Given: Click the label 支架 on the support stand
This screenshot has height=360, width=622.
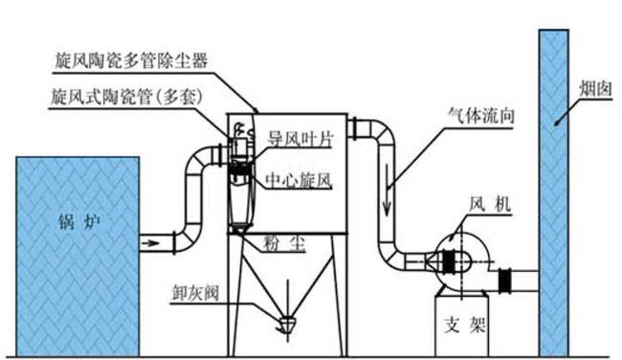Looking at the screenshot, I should click(465, 324).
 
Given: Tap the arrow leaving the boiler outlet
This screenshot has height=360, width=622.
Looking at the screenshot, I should click(149, 243).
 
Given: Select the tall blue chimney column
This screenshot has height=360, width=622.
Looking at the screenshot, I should click(556, 191).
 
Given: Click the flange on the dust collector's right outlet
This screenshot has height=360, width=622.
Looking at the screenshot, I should click(351, 127).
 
